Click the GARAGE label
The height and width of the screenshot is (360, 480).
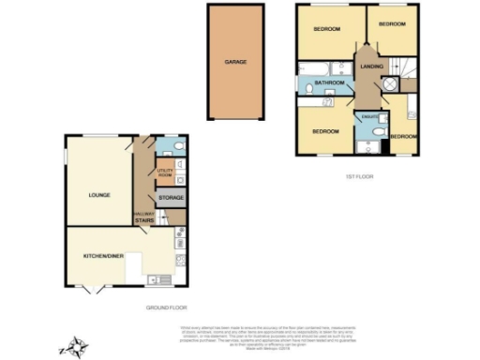click(x=235, y=62)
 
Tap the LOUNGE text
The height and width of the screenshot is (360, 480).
click(x=100, y=195)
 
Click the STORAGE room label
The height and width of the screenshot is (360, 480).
click(x=171, y=198)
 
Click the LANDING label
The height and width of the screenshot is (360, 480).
click(x=372, y=66)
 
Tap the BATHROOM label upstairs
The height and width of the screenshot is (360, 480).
click(x=329, y=83)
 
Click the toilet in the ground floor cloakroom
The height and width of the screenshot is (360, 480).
click(x=179, y=146)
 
